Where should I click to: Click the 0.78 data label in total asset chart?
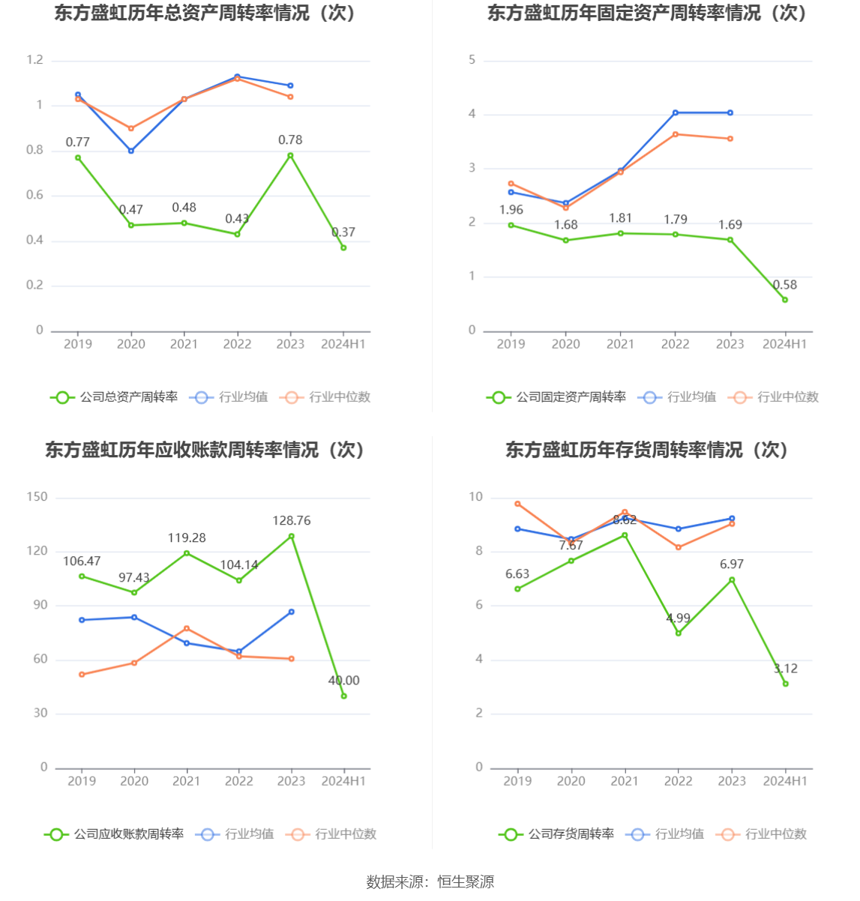[x=290, y=140]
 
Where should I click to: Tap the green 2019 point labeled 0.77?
[x=78, y=157]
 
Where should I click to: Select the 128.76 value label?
[x=292, y=520]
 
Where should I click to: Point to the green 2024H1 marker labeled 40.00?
[x=344, y=696]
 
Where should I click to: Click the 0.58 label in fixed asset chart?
[x=785, y=285]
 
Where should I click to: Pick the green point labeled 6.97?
[x=732, y=579]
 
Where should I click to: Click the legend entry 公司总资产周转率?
[x=114, y=397]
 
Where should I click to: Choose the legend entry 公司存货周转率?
[x=556, y=834]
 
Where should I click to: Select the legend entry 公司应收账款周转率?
[x=114, y=834]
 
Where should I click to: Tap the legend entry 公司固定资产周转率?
[x=556, y=397]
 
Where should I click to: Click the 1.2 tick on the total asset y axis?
[x=35, y=60]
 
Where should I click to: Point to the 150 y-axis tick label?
[x=37, y=497]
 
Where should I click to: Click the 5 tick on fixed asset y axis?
[x=472, y=60]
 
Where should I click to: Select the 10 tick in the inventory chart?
[x=476, y=497]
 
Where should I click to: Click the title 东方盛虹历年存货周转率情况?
[x=647, y=450]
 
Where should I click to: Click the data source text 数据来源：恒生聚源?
[x=430, y=882]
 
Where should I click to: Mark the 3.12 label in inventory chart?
[x=786, y=669]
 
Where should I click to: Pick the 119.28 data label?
[x=187, y=538]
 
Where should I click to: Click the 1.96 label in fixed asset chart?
[x=511, y=210]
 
